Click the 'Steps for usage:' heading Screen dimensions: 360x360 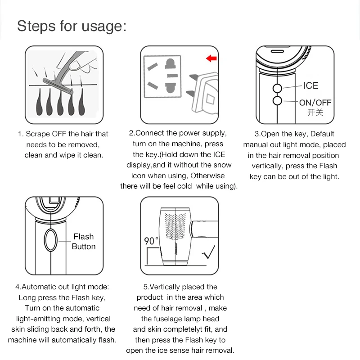coord(72,26)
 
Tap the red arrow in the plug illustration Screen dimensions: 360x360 coord(211,58)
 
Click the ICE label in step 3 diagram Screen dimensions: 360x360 coord(310,85)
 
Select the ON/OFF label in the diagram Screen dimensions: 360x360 coord(315,103)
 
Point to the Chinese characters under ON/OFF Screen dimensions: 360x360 coord(315,112)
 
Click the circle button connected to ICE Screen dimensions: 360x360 coord(277,88)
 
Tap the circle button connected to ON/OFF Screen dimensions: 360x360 coord(277,101)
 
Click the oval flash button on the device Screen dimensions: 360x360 coord(50,240)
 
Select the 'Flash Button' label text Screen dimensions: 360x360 coord(84,242)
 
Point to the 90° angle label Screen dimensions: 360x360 coord(151,241)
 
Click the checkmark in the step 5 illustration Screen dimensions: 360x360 coord(208,252)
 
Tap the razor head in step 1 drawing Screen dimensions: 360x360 coord(58,86)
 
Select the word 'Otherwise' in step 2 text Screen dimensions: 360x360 coord(207,175)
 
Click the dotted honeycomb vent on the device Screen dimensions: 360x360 coord(175,226)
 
